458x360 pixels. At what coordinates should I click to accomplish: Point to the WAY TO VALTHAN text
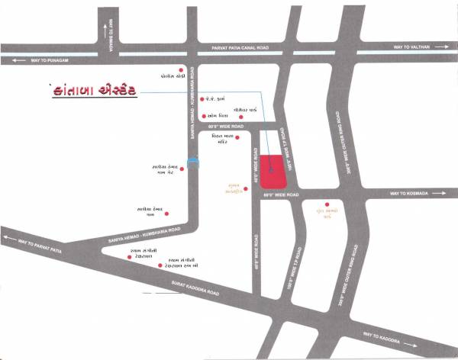(x=413, y=47)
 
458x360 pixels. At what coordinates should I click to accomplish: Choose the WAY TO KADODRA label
(x=382, y=336)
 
